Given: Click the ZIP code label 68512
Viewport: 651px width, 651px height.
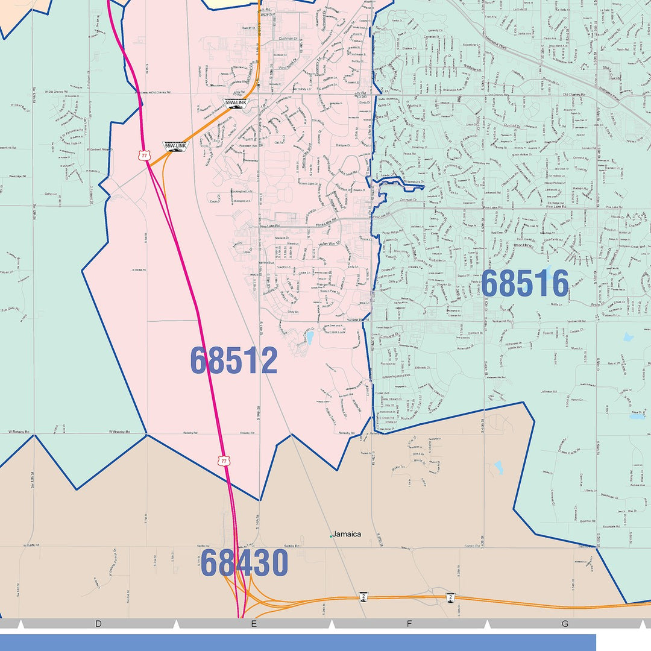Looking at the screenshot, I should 234,360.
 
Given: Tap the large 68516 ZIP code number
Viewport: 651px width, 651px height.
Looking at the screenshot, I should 524,283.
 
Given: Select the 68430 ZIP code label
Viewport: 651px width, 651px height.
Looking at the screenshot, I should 244,562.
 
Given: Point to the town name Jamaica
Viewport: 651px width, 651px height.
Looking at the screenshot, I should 347,534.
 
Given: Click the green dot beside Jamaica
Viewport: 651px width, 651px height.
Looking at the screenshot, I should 331,535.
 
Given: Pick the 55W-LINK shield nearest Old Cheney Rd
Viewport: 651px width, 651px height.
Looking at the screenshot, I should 235,104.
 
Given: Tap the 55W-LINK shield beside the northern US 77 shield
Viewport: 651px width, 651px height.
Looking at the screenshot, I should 174,146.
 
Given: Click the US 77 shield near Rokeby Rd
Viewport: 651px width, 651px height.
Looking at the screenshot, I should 224,461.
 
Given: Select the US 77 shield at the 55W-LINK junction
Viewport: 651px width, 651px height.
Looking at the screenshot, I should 144,156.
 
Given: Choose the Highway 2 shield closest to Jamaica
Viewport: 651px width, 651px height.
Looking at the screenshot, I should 363,596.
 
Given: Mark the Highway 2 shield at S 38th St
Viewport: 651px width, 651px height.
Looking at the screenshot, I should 450,596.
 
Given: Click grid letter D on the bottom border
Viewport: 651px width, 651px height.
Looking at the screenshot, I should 98,624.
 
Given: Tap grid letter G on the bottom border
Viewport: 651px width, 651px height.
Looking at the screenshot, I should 565,624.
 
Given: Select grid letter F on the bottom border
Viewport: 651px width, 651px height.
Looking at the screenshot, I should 409,624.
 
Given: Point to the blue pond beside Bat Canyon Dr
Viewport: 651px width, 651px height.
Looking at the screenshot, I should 309,338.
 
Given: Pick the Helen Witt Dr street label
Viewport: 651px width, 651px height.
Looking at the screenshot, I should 330,245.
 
